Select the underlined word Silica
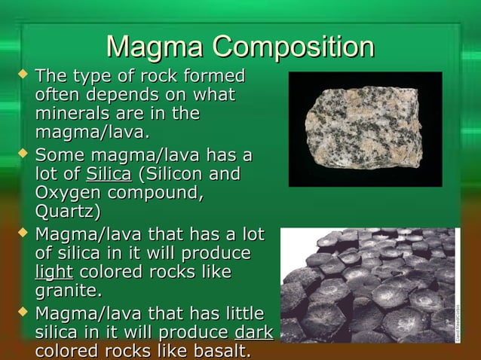pyautogui.click(x=109, y=175)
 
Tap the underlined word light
pyautogui.click(x=54, y=271)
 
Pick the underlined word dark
pyautogui.click(x=254, y=332)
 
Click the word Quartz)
pyautogui.click(x=72, y=212)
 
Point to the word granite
pyautogui.click(x=68, y=290)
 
